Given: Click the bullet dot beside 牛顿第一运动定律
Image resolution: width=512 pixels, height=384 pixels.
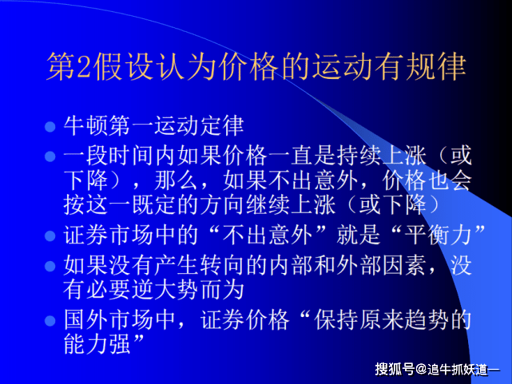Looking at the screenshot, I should click(x=50, y=127).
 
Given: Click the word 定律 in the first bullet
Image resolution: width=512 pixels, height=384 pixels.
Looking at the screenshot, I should click(x=228, y=126).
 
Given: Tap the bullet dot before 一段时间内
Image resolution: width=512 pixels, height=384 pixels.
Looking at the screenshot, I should click(x=50, y=156).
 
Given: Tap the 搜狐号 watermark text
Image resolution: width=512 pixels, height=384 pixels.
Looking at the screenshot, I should click(x=395, y=369).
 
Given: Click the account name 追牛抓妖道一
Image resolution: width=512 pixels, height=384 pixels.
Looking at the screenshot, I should click(x=462, y=369).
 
